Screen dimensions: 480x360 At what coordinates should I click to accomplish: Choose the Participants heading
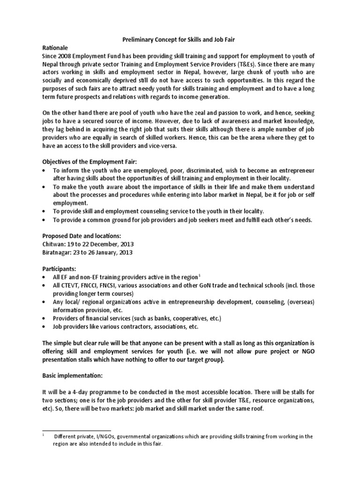(x=59, y=270)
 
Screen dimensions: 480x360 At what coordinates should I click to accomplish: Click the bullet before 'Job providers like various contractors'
(x=44, y=327)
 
